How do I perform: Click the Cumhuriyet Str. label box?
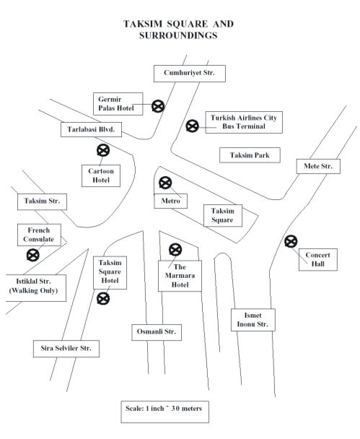(x=190, y=74)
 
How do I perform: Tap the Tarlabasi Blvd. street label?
(x=91, y=130)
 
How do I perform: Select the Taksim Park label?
(x=250, y=155)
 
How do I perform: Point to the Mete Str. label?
(x=318, y=166)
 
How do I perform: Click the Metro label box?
(x=171, y=201)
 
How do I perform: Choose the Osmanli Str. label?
(x=157, y=332)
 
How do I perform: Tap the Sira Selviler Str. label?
(x=66, y=349)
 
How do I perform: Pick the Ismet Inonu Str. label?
(x=253, y=320)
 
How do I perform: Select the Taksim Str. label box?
(x=42, y=201)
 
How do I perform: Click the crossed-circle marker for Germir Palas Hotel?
(x=158, y=106)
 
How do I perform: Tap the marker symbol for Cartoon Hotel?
(x=103, y=151)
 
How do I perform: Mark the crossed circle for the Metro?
(x=165, y=183)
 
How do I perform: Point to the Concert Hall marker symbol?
(x=291, y=241)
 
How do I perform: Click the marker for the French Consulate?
(x=33, y=256)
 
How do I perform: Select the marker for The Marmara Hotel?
(x=175, y=250)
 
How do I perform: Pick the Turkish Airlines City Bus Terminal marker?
(x=193, y=126)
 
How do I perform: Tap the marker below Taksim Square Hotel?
(x=103, y=298)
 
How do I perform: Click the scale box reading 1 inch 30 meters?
(x=164, y=412)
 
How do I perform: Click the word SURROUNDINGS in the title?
(x=178, y=35)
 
